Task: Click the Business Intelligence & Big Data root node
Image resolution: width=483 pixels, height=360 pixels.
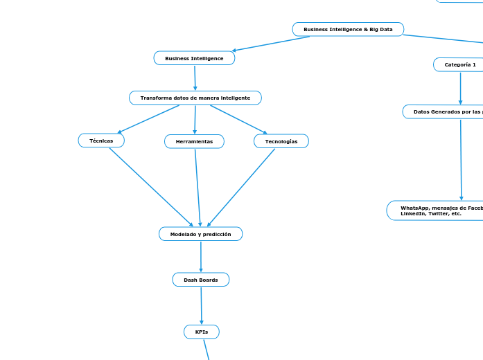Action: (348, 29)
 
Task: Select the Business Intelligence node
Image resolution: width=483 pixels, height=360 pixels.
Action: (194, 58)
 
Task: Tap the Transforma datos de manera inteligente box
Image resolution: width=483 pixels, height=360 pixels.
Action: (195, 98)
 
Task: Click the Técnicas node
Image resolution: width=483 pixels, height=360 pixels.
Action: (101, 141)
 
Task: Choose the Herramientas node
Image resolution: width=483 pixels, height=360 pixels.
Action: (194, 141)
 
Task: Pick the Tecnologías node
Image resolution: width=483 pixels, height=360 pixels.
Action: (281, 141)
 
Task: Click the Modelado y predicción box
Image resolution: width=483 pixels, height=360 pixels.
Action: (200, 234)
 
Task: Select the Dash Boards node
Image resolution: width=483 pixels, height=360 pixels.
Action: (201, 280)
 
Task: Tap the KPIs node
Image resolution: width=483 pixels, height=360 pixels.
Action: (202, 332)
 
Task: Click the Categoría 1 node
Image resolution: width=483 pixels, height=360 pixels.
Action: (460, 64)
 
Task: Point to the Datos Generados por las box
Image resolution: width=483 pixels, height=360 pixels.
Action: (444, 111)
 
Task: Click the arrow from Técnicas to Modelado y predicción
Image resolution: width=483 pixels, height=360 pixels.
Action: (151, 187)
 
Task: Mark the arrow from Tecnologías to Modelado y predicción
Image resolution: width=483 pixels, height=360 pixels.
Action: (241, 187)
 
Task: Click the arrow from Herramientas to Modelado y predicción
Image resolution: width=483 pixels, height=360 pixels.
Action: (197, 187)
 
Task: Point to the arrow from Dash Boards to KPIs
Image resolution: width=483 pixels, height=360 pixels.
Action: (201, 305)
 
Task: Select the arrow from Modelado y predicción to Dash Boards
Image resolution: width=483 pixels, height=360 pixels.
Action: (201, 257)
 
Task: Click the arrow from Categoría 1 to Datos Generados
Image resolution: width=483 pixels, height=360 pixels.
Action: (460, 88)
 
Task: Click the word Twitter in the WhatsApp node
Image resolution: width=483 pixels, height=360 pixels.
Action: (437, 214)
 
